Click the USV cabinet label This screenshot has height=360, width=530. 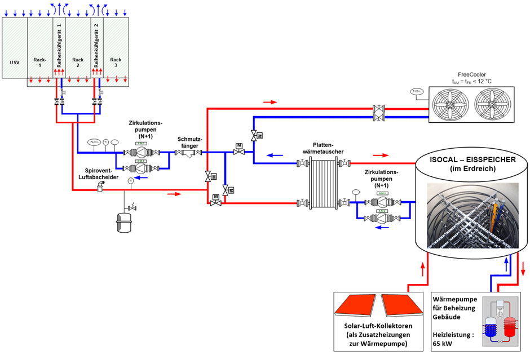point(15,62)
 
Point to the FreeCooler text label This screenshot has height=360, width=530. point(473,73)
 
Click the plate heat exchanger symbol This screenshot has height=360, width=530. point(320,182)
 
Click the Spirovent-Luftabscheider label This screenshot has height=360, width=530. point(101,173)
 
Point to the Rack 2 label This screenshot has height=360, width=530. point(78,62)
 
